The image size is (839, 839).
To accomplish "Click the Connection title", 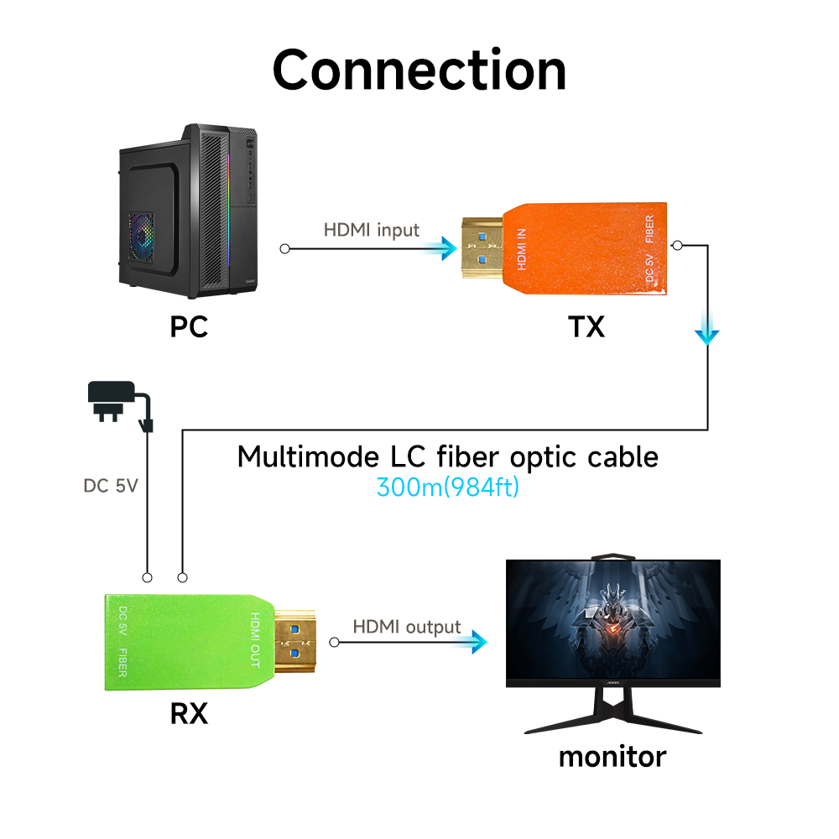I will point(419,70).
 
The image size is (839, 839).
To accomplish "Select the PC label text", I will point(189,326).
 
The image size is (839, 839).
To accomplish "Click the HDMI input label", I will point(371,230).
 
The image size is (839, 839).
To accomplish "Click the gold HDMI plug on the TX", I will point(483,249).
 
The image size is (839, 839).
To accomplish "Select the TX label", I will point(586,326).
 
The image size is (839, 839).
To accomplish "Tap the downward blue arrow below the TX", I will point(707,333).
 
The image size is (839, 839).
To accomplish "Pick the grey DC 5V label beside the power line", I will point(110,486).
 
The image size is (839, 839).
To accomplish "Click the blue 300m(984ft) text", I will point(448,487).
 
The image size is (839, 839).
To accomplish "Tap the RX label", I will point(189,714).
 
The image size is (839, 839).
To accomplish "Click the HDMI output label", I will point(406,627).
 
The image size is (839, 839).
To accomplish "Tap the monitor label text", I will point(612,756).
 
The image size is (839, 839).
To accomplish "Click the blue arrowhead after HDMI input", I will point(439,248).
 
